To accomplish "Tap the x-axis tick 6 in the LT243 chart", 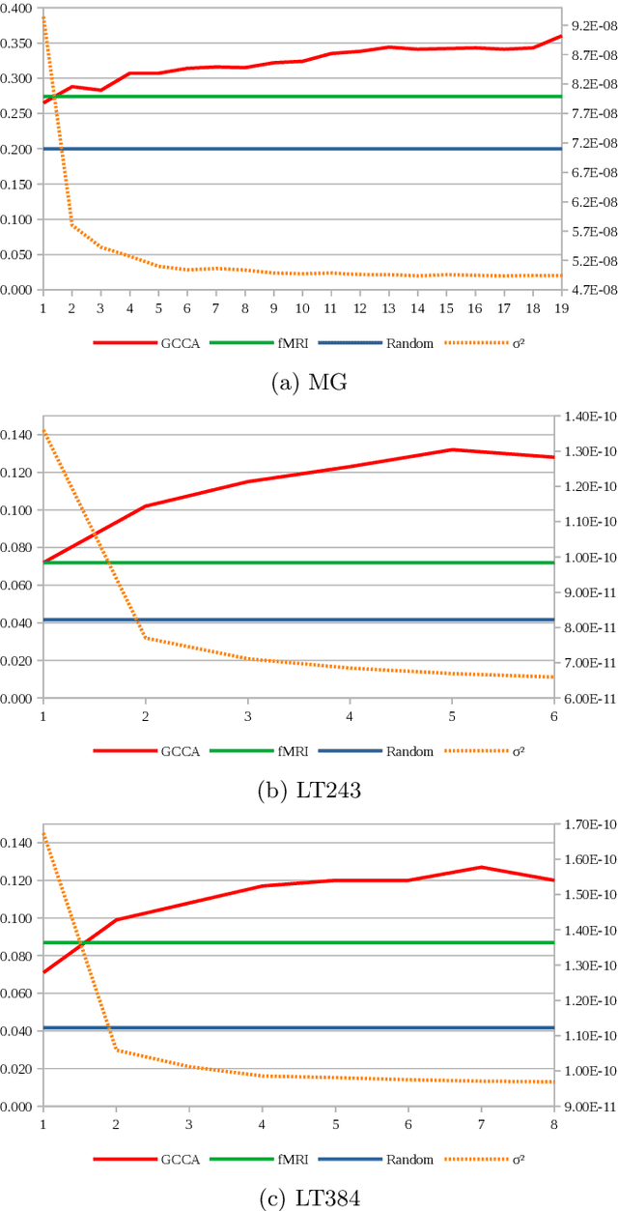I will tap(554, 716).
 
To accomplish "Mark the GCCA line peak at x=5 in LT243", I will tap(452, 449).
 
